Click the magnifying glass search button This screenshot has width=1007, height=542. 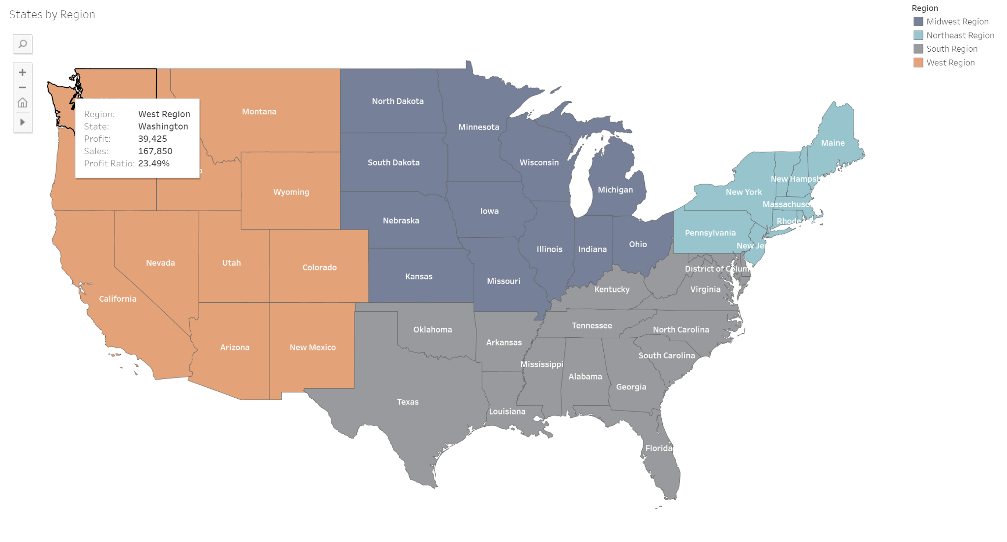pos(23,44)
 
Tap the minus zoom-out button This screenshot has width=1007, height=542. pos(23,88)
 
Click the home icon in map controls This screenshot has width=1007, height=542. pos(23,103)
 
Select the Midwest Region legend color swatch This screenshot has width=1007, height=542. pos(918,22)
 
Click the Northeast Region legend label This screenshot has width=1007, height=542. pos(960,35)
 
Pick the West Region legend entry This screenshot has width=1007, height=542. pos(950,63)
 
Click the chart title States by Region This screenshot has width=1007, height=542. pos(52,15)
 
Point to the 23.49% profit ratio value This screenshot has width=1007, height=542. pos(153,163)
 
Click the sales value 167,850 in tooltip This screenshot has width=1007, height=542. pos(155,151)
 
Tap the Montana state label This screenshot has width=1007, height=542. pos(259,112)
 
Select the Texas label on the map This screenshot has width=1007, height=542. pos(408,402)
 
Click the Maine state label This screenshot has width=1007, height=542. pos(832,143)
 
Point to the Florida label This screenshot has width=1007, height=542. pos(658,448)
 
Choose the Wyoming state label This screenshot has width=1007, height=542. pos(291,192)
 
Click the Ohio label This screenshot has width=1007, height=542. pos(638,244)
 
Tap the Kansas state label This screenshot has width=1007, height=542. pos(418,277)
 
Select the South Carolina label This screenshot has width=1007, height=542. pos(666,355)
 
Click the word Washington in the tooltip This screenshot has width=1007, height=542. pos(163,127)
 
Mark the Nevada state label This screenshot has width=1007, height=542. pos(160,263)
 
